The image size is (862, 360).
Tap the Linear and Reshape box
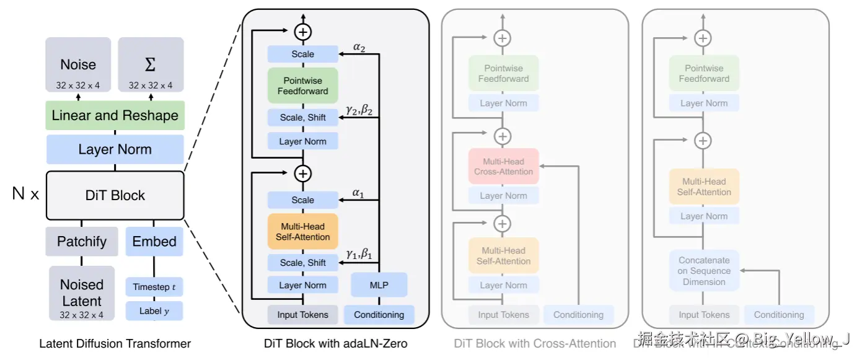115,115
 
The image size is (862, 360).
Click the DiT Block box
115,195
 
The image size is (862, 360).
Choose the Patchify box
82,242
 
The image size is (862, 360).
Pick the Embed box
154,242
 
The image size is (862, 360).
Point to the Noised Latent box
82,293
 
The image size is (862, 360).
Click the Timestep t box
154,287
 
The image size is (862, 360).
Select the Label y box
154,311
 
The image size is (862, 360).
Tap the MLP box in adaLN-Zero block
379,285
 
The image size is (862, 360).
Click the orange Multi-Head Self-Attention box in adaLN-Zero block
303,231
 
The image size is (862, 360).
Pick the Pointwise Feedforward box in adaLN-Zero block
303,86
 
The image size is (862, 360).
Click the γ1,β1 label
359,254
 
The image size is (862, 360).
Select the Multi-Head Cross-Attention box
503,166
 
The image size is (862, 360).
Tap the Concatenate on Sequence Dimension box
704,271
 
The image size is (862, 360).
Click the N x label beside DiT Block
26,195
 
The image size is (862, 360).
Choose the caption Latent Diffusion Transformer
115,343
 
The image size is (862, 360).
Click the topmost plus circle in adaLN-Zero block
303,32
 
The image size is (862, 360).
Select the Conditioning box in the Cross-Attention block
578,315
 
